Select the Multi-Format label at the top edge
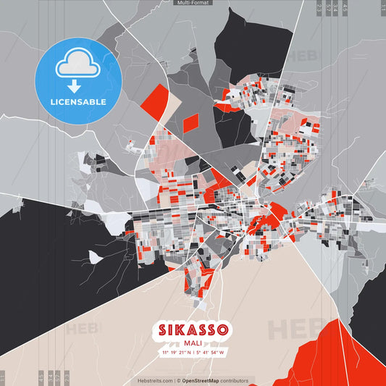tap(193, 3)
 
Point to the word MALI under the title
tap(193, 344)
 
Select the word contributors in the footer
tap(235, 380)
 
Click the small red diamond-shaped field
tap(190, 123)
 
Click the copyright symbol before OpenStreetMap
tap(178, 380)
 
